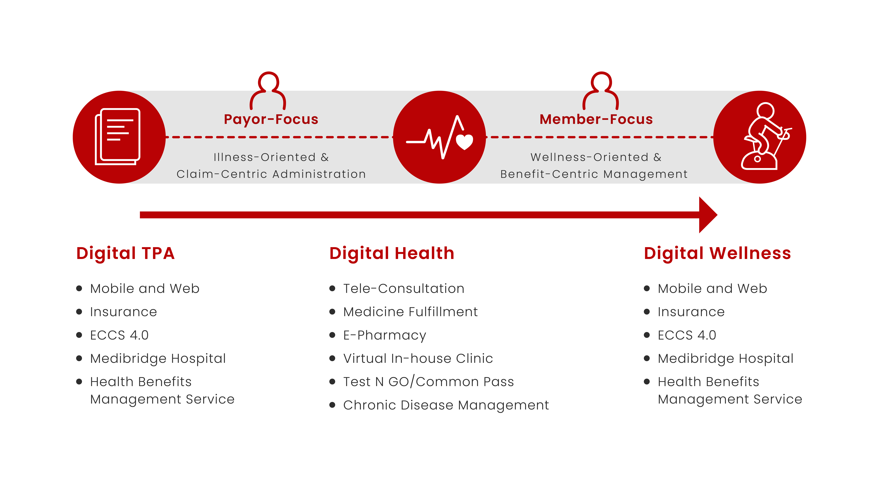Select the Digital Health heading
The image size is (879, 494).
click(392, 253)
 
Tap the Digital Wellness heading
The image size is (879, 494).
click(717, 253)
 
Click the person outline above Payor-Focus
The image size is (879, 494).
click(268, 90)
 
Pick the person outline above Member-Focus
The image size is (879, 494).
click(601, 90)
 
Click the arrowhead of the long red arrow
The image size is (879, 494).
click(708, 215)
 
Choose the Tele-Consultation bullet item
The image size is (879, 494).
click(404, 288)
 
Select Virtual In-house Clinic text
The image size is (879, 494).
click(418, 358)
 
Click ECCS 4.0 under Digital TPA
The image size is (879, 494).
click(119, 335)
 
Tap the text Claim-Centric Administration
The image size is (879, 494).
click(271, 174)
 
